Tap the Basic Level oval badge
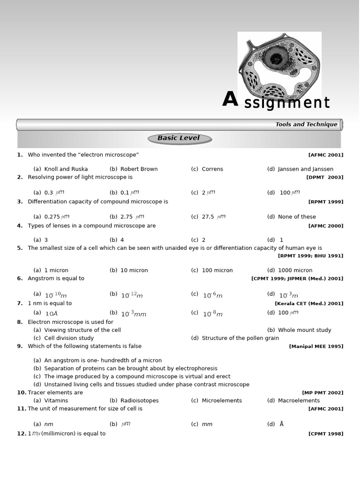pyautogui.click(x=180, y=138)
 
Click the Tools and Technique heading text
pyautogui.click(x=306, y=124)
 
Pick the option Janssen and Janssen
pyautogui.click(x=305, y=169)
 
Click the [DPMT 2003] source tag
pyautogui.click(x=324, y=177)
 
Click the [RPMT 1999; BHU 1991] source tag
pyautogui.click(x=310, y=256)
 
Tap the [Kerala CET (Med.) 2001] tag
pyautogui.click(x=309, y=303)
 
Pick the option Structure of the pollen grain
pyautogui.click(x=240, y=338)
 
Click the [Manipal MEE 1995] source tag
pyautogui.click(x=316, y=346)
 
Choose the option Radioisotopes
pyautogui.click(x=139, y=401)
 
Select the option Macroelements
pyautogui.click(x=299, y=401)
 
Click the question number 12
pyautogui.click(x=21, y=434)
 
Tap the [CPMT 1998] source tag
pyautogui.click(x=325, y=434)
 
